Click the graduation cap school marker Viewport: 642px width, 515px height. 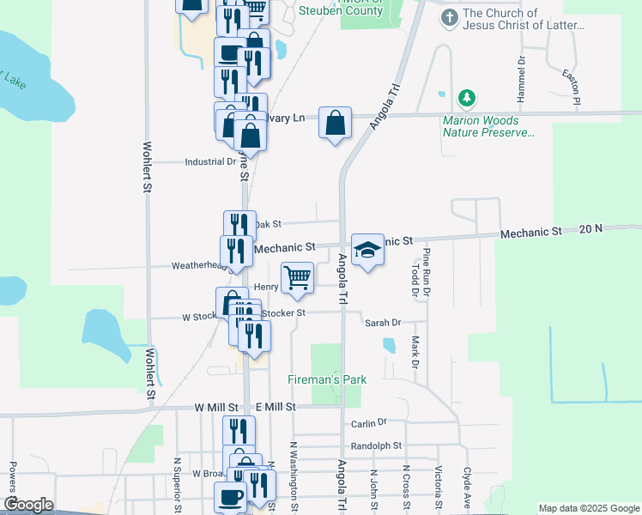pos(367,250)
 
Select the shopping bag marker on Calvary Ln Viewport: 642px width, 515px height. pos(335,122)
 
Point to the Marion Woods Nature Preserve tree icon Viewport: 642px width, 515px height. pos(467,99)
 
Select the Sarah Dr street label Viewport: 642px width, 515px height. pos(383,323)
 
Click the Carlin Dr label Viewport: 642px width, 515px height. pos(369,423)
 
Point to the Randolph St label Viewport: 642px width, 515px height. pos(376,445)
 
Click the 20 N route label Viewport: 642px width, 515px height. pos(591,229)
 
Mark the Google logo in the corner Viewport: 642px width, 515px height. pos(28,505)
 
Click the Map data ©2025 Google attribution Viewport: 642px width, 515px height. pos(589,508)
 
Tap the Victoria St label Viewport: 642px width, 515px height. pos(439,485)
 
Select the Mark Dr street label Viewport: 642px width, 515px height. pos(415,348)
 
